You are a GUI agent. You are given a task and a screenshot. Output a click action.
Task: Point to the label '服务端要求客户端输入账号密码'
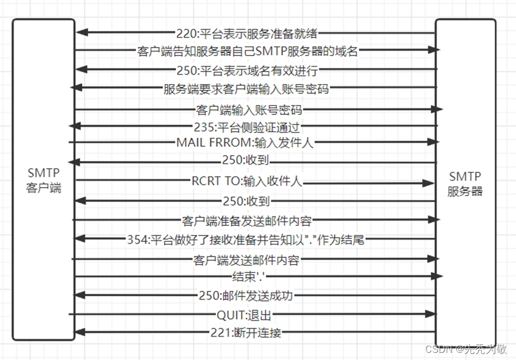tap(246, 89)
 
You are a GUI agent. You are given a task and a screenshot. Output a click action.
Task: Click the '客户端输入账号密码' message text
tap(249, 110)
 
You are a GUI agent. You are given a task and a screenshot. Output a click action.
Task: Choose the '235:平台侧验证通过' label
tap(246, 126)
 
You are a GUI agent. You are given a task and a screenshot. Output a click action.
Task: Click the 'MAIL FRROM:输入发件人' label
tap(245, 142)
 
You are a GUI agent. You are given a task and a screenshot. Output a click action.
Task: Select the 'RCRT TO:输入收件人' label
tap(246, 182)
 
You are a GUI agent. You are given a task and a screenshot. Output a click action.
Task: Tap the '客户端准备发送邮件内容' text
tap(246, 221)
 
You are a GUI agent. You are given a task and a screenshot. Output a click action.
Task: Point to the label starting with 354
tap(246, 240)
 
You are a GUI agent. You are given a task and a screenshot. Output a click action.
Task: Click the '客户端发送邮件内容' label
tap(246, 260)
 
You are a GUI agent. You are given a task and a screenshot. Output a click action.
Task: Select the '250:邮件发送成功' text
tap(246, 296)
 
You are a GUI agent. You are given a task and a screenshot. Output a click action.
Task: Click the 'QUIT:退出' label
tap(244, 314)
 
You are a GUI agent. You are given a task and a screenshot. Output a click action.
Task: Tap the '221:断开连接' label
tap(246, 333)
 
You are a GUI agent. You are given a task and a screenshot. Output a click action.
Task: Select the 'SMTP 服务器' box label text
tap(465, 184)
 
